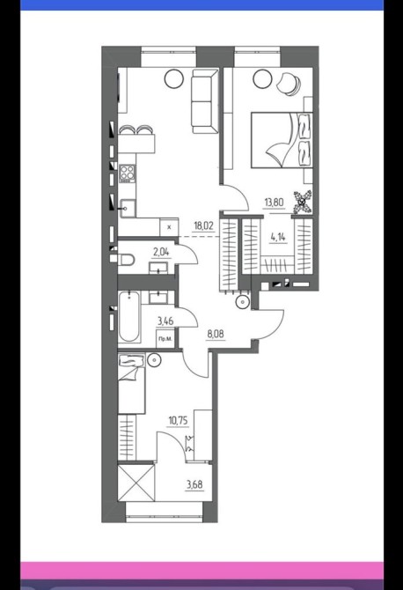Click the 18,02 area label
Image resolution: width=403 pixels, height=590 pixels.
[203, 225]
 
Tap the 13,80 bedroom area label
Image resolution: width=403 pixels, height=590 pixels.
[274, 203]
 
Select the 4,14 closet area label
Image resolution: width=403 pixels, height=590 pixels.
[278, 237]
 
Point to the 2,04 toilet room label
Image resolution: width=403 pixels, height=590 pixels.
[161, 252]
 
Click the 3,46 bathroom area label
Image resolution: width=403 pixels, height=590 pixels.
[165, 321]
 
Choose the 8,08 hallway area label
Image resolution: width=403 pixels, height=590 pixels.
[215, 334]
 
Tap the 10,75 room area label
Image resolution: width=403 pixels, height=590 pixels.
[179, 420]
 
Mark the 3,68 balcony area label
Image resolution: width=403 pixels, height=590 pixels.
[194, 484]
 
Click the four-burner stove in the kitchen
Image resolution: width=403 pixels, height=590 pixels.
[127, 173]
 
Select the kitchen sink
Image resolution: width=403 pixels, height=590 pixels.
[128, 208]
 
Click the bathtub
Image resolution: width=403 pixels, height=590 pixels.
[129, 316]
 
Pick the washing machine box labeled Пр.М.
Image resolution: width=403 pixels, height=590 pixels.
[165, 339]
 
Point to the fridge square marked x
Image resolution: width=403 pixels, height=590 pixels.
[169, 227]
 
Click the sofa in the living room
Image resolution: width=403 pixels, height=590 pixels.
[205, 101]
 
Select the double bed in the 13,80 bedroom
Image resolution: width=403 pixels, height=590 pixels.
[282, 140]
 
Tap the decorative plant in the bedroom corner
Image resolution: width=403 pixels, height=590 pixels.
[303, 203]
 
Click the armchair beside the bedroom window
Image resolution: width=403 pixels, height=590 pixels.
[289, 83]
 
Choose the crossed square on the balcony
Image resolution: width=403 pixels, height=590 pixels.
[136, 483]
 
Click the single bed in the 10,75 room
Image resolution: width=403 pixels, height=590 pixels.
[132, 383]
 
